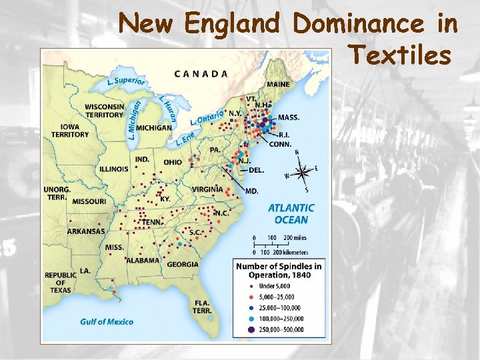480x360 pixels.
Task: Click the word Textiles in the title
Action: [399, 55]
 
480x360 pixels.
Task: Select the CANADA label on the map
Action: [201, 73]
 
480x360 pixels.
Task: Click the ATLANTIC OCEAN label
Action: [291, 214]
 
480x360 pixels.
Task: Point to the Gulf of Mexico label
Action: [107, 321]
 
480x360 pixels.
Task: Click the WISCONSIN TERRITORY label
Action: [105, 111]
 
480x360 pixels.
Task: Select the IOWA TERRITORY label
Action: [70, 130]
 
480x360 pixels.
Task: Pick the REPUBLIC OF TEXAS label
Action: [61, 283]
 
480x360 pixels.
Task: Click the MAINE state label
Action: [278, 85]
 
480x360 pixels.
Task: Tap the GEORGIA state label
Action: [183, 264]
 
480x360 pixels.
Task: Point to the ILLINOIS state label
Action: [114, 169]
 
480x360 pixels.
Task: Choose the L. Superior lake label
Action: [126, 82]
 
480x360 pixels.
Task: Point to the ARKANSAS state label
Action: [86, 231]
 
